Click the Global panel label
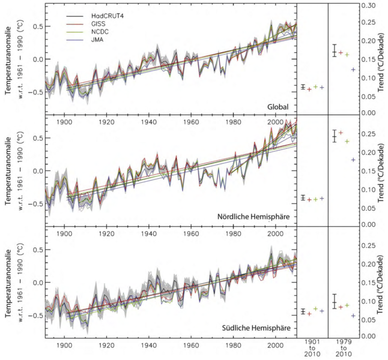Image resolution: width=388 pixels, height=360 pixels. pyautogui.click(x=279, y=107)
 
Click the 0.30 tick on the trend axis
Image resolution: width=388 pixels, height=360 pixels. pyautogui.click(x=368, y=5)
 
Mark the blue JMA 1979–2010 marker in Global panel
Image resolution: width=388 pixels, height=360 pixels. pyautogui.click(x=353, y=70)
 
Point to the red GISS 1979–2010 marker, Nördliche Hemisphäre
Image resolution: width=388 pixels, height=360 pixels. pyautogui.click(x=341, y=133)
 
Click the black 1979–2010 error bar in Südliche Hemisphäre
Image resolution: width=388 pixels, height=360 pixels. pyautogui.click(x=334, y=301)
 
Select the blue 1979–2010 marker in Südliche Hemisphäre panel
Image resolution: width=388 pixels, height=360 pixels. pyautogui.click(x=353, y=316)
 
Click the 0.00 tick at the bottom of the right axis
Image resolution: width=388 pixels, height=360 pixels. pyautogui.click(x=368, y=336)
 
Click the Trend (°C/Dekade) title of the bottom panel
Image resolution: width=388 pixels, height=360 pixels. pyautogui.click(x=381, y=282)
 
